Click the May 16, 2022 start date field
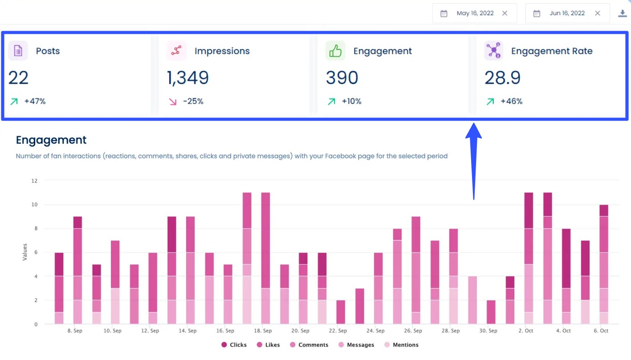(475, 13)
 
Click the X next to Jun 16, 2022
(598, 13)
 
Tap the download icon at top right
(622, 13)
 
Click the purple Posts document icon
(18, 51)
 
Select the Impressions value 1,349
(187, 78)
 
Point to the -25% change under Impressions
(193, 101)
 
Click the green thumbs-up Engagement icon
(335, 51)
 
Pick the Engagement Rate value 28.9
(502, 78)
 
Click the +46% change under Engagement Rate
(511, 101)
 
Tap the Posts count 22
(18, 78)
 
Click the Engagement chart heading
(51, 140)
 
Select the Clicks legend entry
(234, 345)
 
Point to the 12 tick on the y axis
(34, 181)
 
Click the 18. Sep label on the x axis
(262, 331)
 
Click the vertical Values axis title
(25, 252)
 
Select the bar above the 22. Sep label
(341, 312)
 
